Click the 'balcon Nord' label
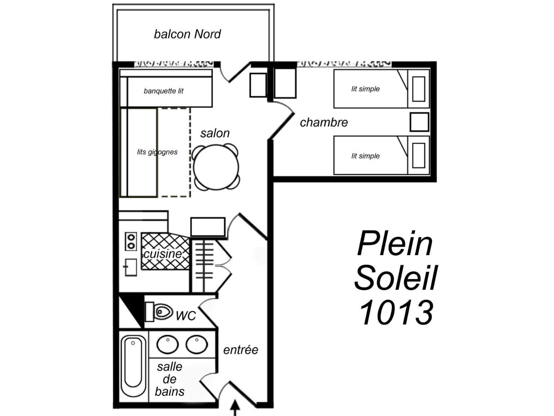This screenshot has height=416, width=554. (x=187, y=34)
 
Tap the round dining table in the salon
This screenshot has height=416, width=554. (x=216, y=167)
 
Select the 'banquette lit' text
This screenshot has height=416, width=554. (x=163, y=91)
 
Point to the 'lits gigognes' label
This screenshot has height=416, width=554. (x=157, y=152)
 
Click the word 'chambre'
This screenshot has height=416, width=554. (x=324, y=122)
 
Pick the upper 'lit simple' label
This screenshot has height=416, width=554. (x=366, y=89)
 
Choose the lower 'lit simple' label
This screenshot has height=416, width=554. (x=366, y=156)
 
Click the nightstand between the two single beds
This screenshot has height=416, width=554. (x=419, y=122)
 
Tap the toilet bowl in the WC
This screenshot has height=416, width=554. (x=163, y=312)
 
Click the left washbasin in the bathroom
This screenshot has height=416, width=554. (x=168, y=344)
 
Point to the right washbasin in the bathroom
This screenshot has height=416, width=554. (x=197, y=344)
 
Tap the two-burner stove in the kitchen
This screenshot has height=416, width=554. (x=131, y=241)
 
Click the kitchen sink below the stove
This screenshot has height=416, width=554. (x=131, y=267)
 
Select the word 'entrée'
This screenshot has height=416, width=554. (x=241, y=350)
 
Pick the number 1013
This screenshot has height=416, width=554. (x=396, y=312)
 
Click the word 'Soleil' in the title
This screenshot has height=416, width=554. (x=396, y=277)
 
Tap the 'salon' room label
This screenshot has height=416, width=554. (x=215, y=133)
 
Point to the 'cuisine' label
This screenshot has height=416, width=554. (x=163, y=254)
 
